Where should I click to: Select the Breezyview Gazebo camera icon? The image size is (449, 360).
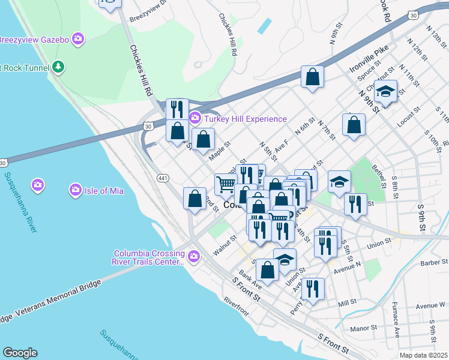(x=77, y=40)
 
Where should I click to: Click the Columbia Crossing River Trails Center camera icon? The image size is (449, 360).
(x=193, y=257)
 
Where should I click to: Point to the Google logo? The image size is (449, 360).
(x=20, y=353)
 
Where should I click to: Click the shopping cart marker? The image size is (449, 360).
(x=226, y=184)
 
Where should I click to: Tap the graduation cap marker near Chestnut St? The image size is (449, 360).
(x=385, y=91)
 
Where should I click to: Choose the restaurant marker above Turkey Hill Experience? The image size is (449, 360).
(x=176, y=109)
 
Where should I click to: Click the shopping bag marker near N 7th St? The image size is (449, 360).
(x=354, y=125)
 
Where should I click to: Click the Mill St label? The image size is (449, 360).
(x=347, y=304)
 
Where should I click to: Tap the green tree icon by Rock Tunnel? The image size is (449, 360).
(x=58, y=65)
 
